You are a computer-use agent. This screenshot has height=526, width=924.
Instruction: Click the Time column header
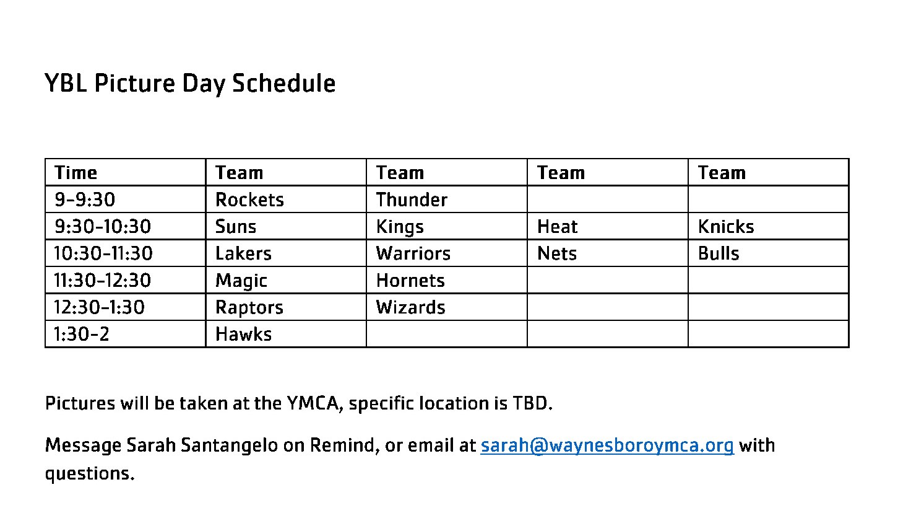click(x=76, y=173)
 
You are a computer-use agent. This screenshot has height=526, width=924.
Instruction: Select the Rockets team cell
click(x=249, y=200)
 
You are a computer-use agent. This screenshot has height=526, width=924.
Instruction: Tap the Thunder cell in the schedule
click(x=412, y=200)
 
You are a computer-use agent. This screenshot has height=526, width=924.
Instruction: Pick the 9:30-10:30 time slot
click(x=103, y=227)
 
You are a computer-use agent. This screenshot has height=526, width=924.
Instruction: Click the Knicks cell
click(x=726, y=227)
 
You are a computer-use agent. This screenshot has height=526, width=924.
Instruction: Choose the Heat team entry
click(x=557, y=227)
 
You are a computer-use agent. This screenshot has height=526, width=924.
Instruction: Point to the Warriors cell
click(x=413, y=253)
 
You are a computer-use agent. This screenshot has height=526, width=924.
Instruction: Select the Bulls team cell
click(x=719, y=253)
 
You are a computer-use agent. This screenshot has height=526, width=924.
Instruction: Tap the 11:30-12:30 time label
click(x=103, y=280)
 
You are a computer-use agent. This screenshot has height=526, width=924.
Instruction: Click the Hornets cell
click(x=410, y=280)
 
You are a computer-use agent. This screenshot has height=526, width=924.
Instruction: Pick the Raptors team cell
click(x=249, y=307)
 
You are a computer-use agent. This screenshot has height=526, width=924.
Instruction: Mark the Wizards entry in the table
click(x=411, y=307)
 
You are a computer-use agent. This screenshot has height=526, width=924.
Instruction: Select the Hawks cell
click(x=243, y=334)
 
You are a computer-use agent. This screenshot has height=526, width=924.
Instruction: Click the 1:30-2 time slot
click(x=82, y=334)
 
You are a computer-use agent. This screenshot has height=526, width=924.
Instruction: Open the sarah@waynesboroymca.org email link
click(x=607, y=445)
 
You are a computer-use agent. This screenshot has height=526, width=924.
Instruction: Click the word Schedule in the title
click(x=284, y=84)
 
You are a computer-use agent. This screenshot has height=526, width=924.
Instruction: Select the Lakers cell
click(x=243, y=253)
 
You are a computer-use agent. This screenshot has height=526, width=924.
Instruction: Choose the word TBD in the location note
click(x=530, y=403)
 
